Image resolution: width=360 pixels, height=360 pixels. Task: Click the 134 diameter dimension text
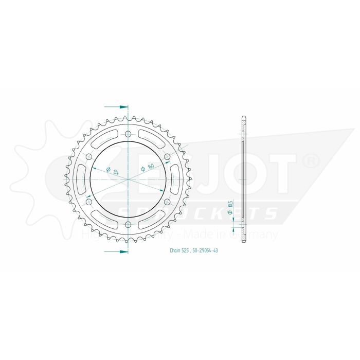tap(116, 171)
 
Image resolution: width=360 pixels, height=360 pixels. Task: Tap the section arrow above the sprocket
tap(117, 107)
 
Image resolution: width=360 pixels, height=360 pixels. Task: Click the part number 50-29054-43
tap(206, 250)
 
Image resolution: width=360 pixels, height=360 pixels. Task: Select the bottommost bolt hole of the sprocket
tap(128, 224)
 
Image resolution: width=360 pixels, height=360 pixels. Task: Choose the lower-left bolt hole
tap(88, 202)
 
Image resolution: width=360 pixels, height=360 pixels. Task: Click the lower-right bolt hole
tap(167, 202)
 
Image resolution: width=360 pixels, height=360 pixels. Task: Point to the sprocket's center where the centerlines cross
tap(128, 179)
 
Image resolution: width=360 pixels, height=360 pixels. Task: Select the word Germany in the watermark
tap(257, 235)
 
